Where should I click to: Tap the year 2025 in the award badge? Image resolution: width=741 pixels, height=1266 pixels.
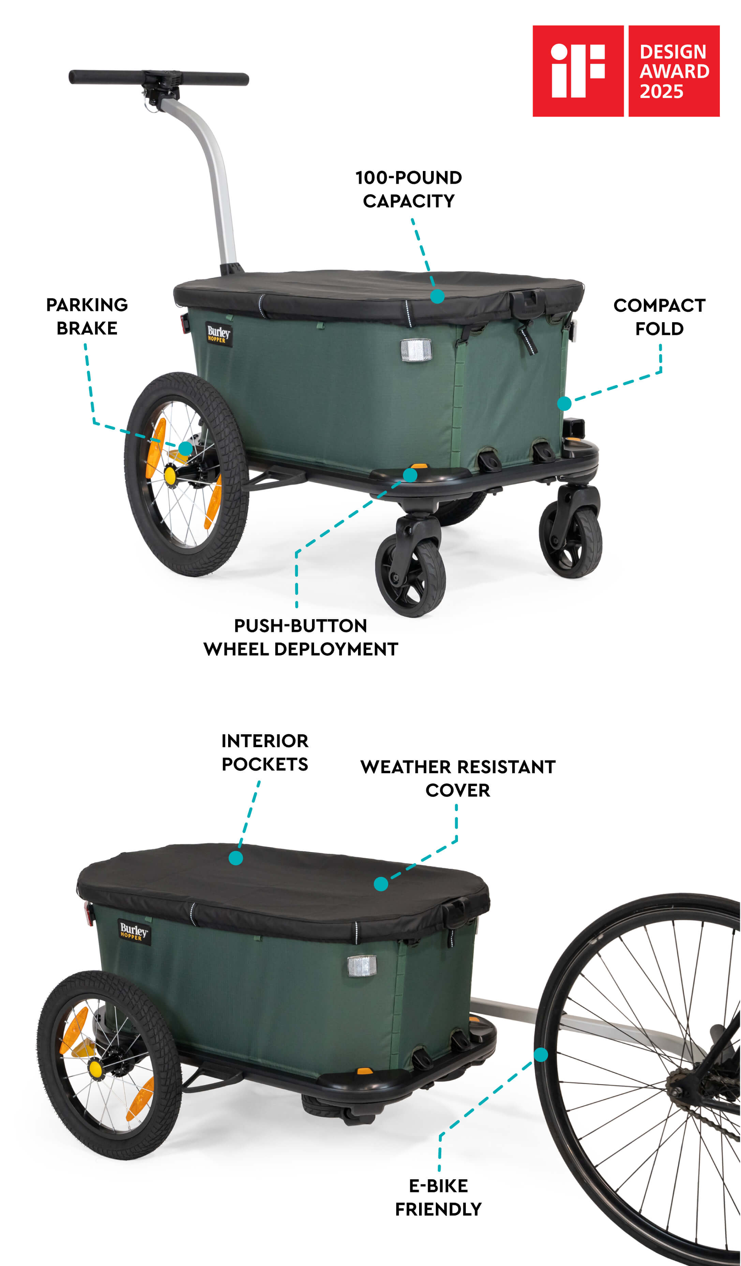(661, 91)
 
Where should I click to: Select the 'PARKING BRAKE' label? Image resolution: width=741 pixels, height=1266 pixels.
(87, 316)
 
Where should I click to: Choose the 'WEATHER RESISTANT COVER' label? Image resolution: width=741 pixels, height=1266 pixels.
(458, 779)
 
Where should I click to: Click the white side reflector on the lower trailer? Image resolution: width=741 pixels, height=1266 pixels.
(362, 966)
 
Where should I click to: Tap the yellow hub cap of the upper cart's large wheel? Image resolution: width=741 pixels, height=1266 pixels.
(170, 475)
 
